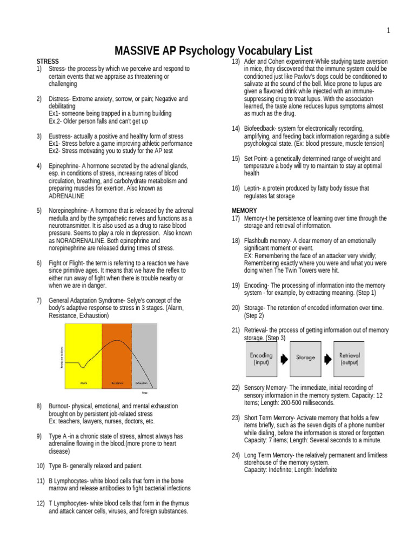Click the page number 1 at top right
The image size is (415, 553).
click(x=388, y=30)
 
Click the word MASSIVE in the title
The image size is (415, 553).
click(x=137, y=51)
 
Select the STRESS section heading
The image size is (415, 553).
click(x=48, y=62)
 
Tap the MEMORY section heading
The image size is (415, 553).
click(x=244, y=211)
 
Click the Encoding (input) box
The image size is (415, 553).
click(x=262, y=359)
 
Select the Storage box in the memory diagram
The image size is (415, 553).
click(x=305, y=358)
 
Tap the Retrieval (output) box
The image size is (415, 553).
click(x=349, y=359)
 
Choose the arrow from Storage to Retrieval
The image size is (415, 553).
click(x=327, y=358)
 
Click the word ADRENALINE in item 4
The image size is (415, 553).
click(x=66, y=196)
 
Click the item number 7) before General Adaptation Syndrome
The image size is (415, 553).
click(x=39, y=300)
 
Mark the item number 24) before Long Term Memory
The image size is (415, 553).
click(x=236, y=455)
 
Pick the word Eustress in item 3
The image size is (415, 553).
click(x=60, y=136)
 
